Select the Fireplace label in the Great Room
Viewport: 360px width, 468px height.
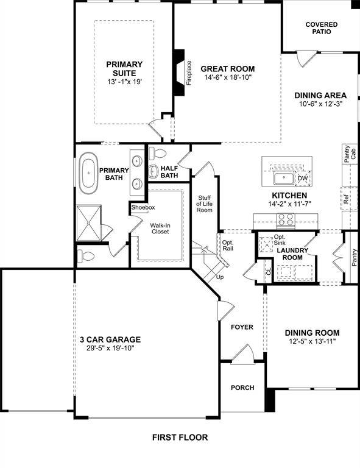coord(189,73)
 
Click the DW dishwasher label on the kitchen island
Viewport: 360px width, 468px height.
coord(302,179)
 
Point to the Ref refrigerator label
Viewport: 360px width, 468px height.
coord(346,198)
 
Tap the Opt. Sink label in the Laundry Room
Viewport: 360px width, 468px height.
coord(280,239)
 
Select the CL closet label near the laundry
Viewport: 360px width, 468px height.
coord(268,272)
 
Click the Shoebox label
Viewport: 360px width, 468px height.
coord(143,208)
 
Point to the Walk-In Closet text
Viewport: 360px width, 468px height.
coord(160,229)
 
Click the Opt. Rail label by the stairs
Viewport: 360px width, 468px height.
coord(228,246)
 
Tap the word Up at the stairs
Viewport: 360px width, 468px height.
coord(221,277)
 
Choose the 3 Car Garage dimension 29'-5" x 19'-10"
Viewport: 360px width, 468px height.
coord(110,349)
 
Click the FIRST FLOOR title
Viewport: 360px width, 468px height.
coord(180,437)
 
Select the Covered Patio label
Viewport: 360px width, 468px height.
coord(322,27)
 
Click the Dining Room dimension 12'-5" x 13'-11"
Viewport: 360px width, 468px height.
coord(312,341)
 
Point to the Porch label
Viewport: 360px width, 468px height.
coord(242,388)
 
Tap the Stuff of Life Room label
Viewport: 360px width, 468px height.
coord(204,204)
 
